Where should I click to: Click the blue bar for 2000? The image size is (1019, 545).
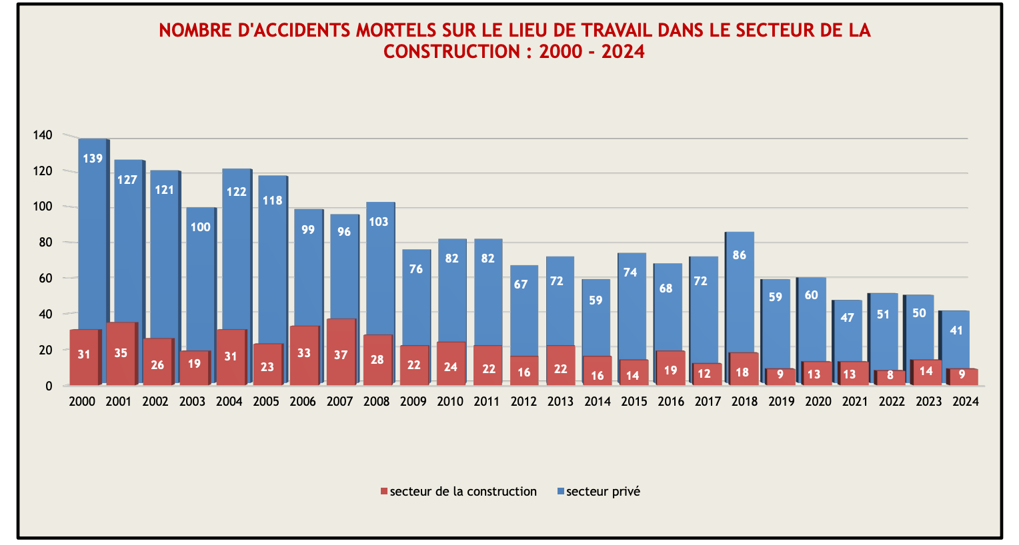[x=92, y=233]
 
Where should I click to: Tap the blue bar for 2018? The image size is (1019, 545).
[x=740, y=293]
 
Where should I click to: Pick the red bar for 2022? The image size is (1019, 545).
[x=890, y=378]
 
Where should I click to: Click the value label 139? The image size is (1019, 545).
[x=93, y=159]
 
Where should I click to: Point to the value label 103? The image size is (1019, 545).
[x=378, y=222]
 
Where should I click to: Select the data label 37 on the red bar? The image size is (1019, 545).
[x=341, y=355]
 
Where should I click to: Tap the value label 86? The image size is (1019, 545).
[x=740, y=255]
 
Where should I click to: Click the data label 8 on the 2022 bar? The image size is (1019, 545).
[x=890, y=376]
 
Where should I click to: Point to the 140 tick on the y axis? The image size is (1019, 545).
[x=43, y=135]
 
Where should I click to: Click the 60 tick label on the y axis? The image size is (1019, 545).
[x=45, y=278]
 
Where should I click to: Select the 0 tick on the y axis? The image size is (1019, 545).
[x=49, y=386]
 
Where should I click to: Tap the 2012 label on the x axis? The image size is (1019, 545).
[x=524, y=402]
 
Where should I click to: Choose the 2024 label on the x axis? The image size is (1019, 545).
[x=965, y=402]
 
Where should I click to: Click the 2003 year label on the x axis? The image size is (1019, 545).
[x=192, y=402]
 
